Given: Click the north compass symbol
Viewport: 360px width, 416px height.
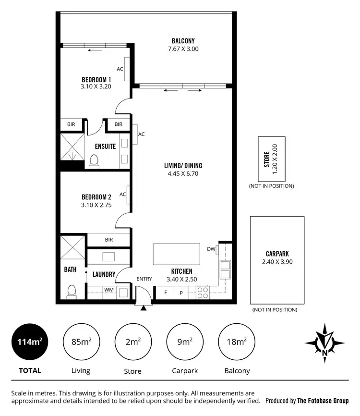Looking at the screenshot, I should point(325,343).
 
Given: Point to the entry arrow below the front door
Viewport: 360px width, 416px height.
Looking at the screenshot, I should point(143,308).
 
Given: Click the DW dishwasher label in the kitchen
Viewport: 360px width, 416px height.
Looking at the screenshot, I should point(211,249).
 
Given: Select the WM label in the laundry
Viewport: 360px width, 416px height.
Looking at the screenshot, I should point(108,290).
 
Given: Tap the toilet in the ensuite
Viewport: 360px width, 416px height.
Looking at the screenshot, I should point(94,161).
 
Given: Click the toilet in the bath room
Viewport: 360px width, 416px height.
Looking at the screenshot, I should point(72,292).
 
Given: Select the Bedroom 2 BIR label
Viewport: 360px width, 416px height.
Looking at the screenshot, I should point(108,239).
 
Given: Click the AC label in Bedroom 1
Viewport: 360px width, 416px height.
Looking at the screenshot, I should point(120,69).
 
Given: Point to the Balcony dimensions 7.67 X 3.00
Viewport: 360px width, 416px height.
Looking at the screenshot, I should point(183,49).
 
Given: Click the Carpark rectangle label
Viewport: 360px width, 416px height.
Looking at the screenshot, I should point(277,255).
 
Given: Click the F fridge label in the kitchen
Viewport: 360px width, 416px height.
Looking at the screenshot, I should point(166,292).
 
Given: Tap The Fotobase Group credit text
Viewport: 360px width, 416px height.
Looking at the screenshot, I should point(323,400).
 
